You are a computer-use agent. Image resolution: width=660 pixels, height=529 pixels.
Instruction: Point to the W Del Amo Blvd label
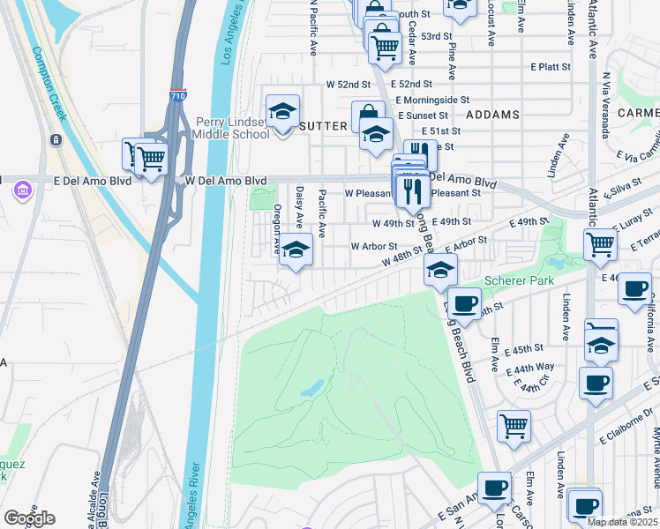click(x=226, y=180)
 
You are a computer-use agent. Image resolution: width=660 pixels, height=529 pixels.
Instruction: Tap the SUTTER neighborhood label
click(x=323, y=126)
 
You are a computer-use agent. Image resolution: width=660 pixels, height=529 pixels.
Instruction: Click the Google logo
click(x=29, y=518)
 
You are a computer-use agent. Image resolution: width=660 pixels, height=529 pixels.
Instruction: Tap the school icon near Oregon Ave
click(x=296, y=251)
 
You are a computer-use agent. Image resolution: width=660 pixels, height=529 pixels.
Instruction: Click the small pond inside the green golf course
click(x=311, y=389)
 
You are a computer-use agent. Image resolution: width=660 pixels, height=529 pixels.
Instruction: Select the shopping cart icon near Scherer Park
click(x=600, y=244)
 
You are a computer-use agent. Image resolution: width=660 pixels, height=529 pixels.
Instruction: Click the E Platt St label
click(x=551, y=66)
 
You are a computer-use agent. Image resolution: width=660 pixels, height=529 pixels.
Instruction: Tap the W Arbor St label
click(x=374, y=246)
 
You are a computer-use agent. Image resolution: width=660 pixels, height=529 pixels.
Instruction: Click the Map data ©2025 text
click(x=620, y=522)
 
